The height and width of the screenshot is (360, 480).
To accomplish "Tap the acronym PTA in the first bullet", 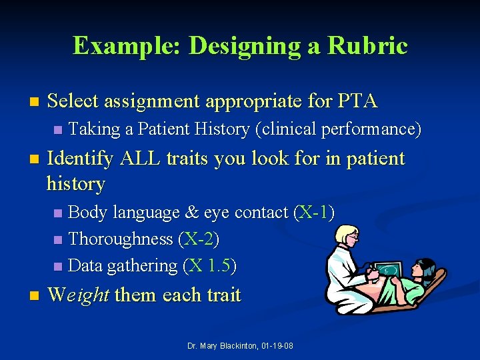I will click(x=357, y=101).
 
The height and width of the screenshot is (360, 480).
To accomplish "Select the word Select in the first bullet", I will click(x=73, y=101).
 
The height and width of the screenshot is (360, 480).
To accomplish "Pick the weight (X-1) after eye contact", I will click(x=314, y=213).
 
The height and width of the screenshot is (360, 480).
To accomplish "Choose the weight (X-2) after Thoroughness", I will click(x=199, y=239).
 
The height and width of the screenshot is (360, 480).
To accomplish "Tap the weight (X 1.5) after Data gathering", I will click(x=209, y=265).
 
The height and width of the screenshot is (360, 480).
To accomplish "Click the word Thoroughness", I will click(x=121, y=239).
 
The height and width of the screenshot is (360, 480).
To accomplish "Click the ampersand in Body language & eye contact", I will click(x=192, y=213).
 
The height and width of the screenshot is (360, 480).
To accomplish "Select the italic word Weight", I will click(x=79, y=295).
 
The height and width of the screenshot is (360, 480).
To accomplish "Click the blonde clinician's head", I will click(x=346, y=236).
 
